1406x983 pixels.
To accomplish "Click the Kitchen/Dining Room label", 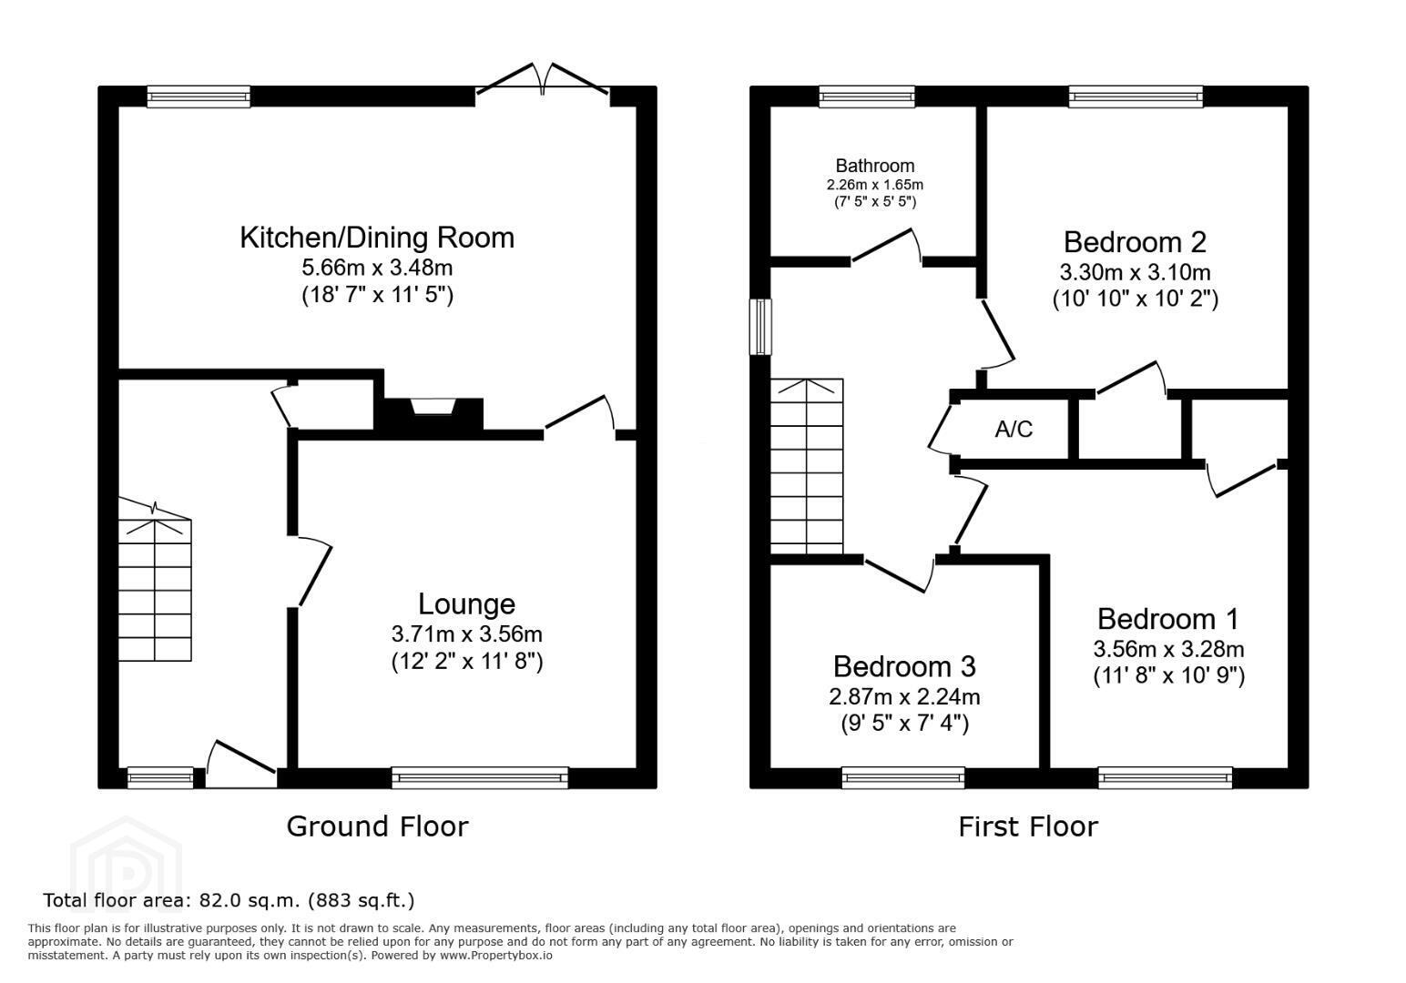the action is click(377, 238).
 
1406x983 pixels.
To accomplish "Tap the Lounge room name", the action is click(466, 604).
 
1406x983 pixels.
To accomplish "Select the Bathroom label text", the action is click(874, 166).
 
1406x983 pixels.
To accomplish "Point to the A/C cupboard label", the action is click(1014, 429).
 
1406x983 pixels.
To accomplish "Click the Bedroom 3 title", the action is click(904, 667).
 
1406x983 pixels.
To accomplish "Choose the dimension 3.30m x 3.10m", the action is click(1135, 272).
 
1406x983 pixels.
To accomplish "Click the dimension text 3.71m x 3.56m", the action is click(466, 634).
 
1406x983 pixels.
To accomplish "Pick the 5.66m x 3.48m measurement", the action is click(377, 268).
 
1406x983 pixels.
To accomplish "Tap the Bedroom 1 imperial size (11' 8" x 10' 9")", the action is click(1168, 675).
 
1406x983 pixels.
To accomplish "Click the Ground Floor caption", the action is click(377, 826).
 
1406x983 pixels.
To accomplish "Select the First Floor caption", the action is click(1028, 826).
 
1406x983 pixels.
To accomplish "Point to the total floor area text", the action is click(229, 901).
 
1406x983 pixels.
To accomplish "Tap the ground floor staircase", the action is click(155, 580).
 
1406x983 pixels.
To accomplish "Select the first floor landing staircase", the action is click(807, 466).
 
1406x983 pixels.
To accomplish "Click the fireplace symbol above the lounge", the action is click(433, 407).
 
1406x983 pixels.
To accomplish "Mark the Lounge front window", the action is click(480, 778).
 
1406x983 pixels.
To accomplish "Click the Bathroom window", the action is click(867, 96).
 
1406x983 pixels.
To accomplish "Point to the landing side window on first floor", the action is click(760, 328).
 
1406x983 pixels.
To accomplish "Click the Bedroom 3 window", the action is click(903, 778).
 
